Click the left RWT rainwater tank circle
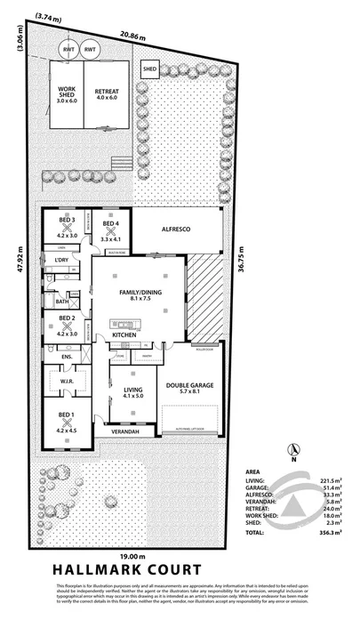coord(68,51)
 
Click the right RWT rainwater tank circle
coord(90,51)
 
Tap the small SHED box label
coord(149,68)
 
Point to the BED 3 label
coord(68,223)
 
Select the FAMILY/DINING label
coord(139,295)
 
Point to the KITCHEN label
coord(136,334)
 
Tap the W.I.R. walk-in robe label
coord(68,384)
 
